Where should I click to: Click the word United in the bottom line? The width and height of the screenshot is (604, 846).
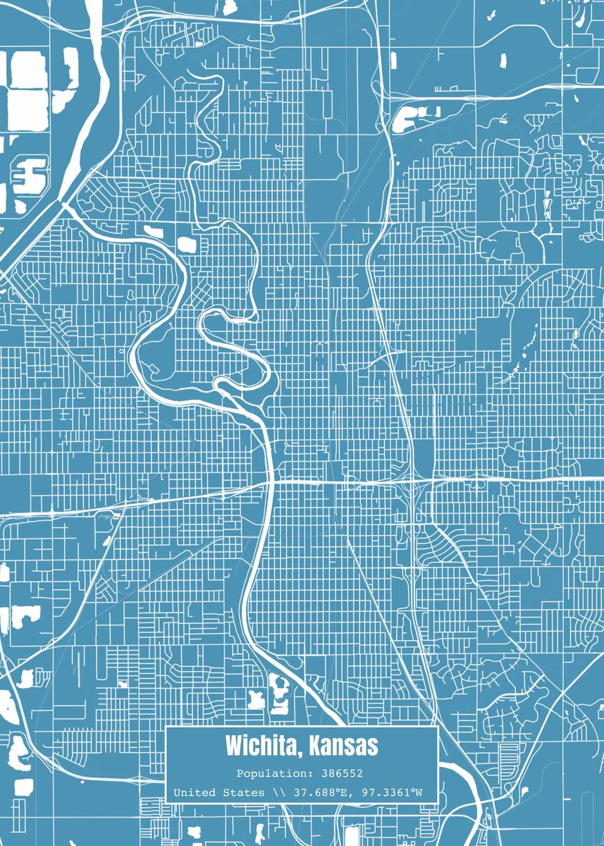tap(194, 793)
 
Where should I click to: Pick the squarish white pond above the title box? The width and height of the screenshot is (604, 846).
tap(255, 699)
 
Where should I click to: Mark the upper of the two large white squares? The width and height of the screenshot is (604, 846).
tap(27, 70)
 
